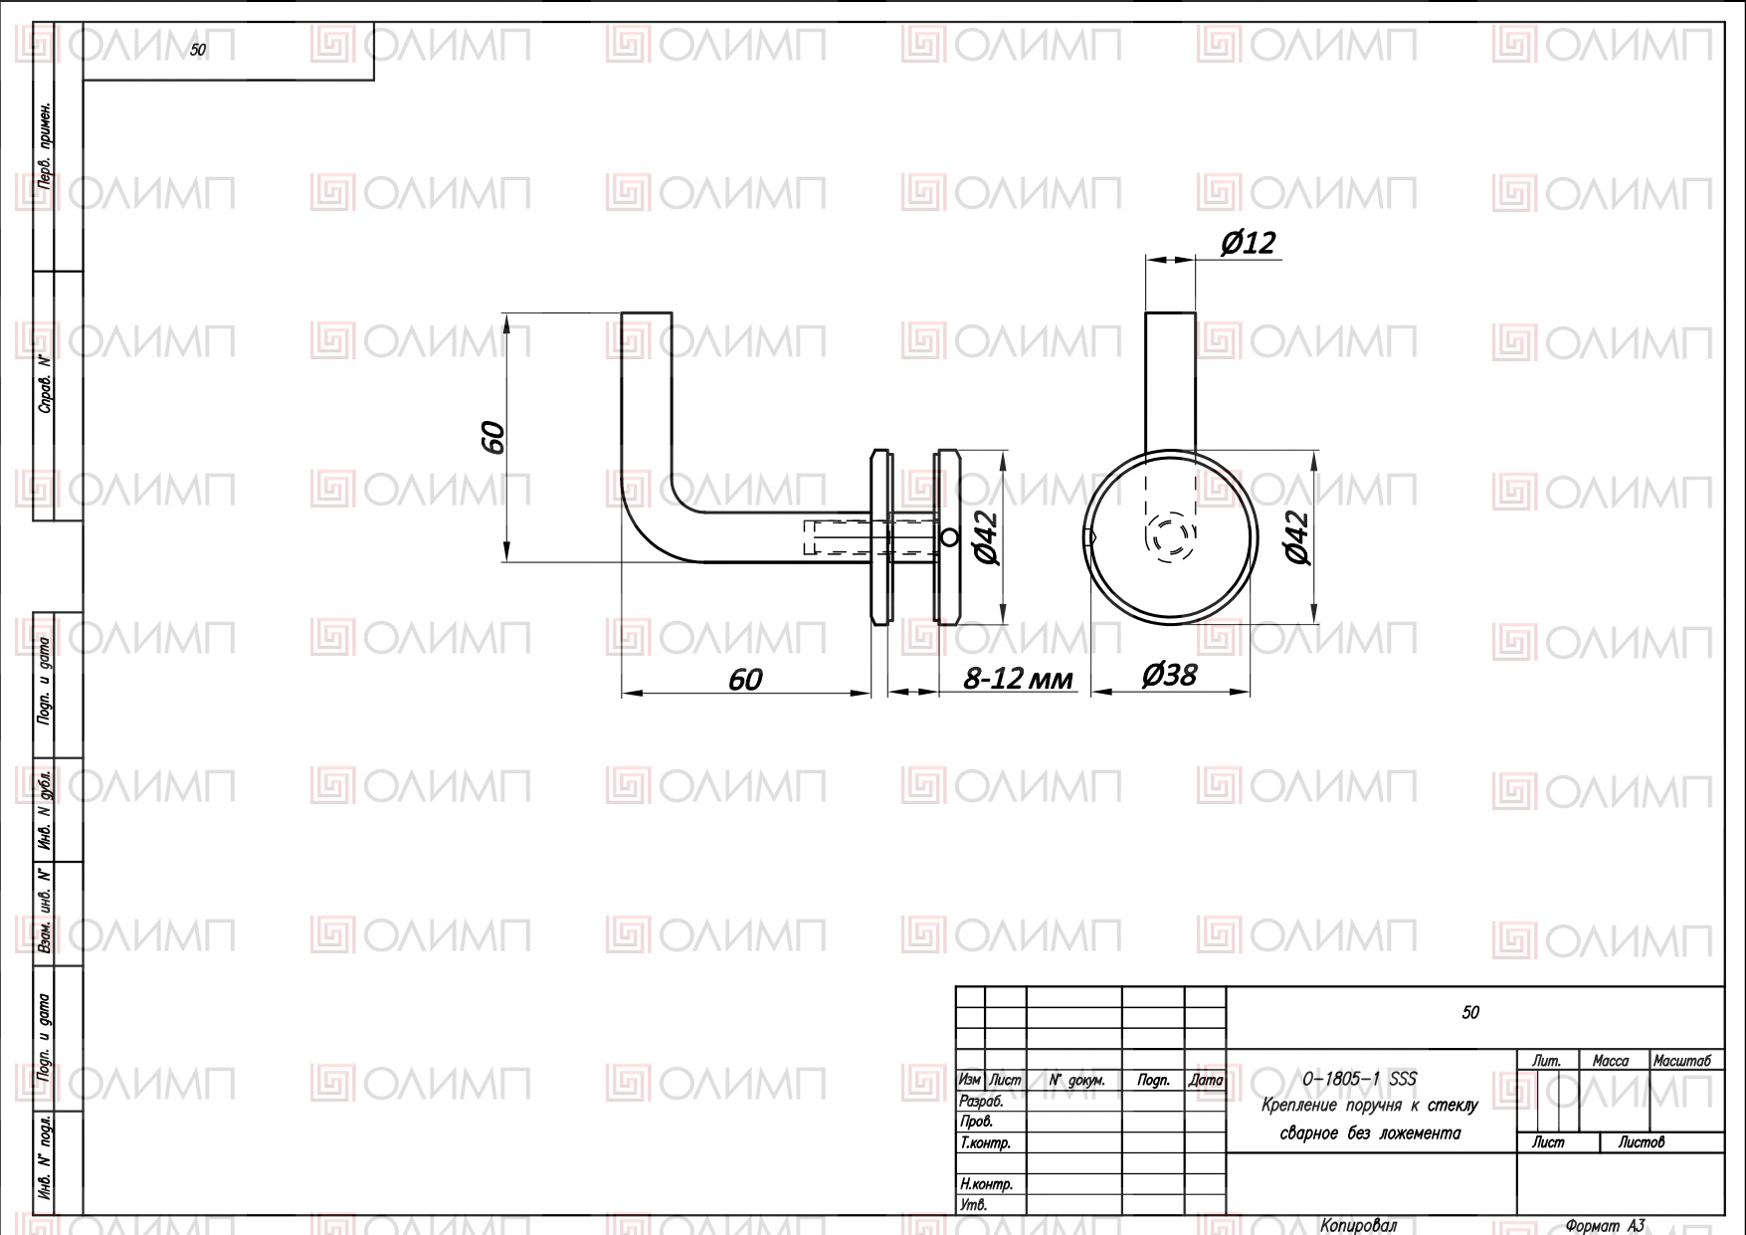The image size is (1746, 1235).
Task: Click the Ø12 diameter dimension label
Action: [1248, 243]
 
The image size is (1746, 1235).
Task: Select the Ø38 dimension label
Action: [1169, 676]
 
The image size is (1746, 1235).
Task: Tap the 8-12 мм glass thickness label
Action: [1019, 679]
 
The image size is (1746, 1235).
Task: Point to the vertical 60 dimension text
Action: [492, 437]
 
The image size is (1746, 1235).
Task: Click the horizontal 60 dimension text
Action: [745, 679]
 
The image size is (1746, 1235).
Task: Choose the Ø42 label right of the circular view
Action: [1296, 538]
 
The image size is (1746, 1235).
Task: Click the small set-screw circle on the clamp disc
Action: [948, 538]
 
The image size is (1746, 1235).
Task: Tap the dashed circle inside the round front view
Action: [1170, 538]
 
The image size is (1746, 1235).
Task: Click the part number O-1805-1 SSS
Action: [1359, 1080]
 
